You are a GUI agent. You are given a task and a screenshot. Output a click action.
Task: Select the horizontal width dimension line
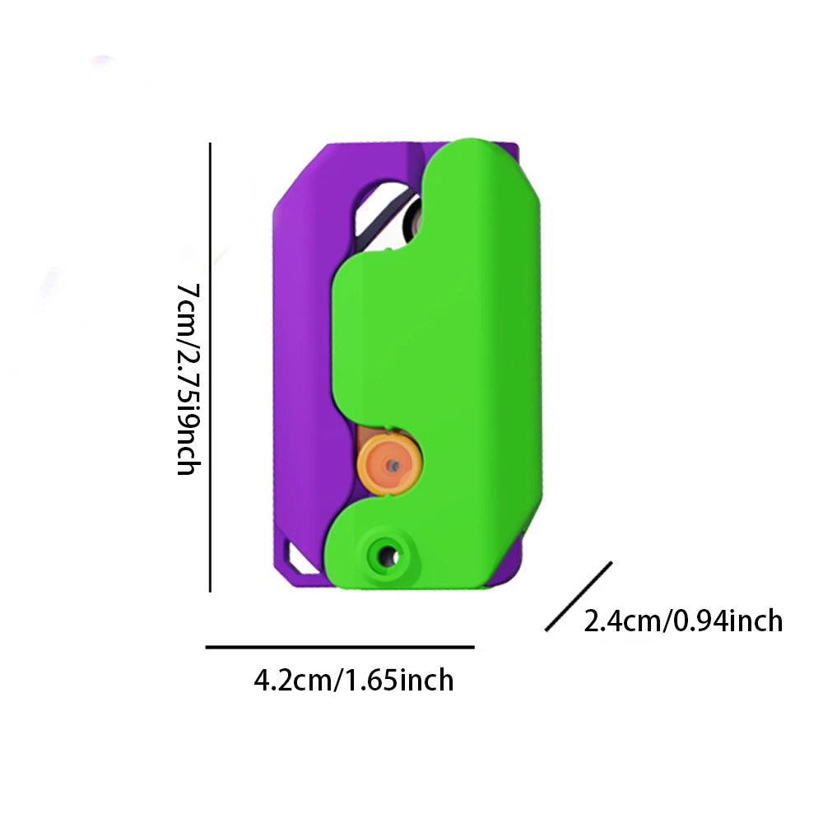tap(340, 648)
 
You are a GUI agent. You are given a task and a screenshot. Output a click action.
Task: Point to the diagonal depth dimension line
tap(579, 597)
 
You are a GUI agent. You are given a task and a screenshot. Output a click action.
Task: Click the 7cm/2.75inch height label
tap(187, 379)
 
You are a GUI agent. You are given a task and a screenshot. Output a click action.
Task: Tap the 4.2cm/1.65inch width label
tap(354, 681)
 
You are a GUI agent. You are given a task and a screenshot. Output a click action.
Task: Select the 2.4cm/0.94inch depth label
tap(683, 620)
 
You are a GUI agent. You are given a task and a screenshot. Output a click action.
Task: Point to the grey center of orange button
tap(394, 466)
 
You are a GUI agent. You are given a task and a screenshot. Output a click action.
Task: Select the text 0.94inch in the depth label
tap(728, 620)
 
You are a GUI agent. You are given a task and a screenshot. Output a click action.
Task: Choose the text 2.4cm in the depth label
tap(623, 620)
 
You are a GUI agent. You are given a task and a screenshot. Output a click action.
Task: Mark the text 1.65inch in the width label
tap(397, 681)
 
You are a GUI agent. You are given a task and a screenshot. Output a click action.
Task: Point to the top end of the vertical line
tap(211, 145)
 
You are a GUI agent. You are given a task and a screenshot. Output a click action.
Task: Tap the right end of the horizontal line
tap(472, 648)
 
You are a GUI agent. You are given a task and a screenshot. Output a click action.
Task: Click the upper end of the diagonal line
tap(611, 564)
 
